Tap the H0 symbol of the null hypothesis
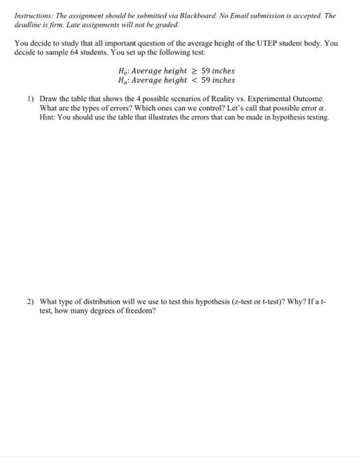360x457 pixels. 119,71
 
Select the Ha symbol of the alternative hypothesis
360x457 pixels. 119,80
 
